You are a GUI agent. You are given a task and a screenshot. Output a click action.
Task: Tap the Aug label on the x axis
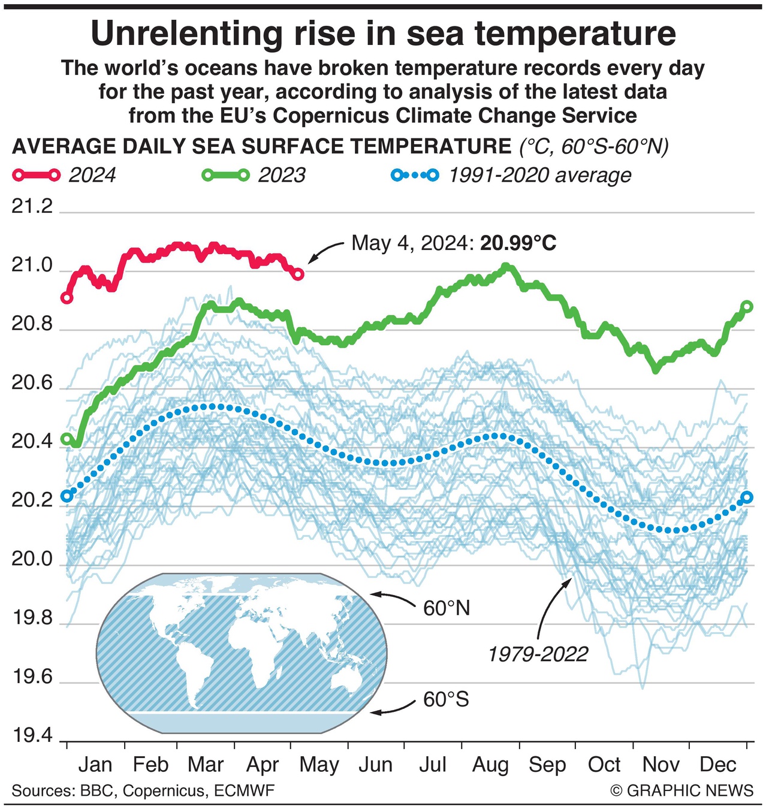tap(490, 765)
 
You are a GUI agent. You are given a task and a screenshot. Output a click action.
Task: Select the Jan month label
tap(95, 765)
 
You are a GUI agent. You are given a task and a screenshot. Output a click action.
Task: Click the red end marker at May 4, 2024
tap(298, 274)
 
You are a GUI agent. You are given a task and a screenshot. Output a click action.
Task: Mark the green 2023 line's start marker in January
tap(67, 439)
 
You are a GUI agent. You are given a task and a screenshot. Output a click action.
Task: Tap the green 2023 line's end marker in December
tap(747, 307)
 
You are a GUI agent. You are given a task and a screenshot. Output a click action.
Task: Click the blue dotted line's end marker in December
tap(747, 497)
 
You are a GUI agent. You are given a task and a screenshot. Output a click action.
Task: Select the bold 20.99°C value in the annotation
tap(518, 243)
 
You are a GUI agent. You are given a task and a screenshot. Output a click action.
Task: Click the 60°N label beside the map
tap(447, 608)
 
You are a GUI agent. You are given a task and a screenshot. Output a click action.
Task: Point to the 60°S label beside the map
tap(446, 699)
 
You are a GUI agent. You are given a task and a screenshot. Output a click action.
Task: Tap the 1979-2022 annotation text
tap(538, 654)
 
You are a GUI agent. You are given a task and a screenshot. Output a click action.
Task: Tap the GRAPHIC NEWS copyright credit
tap(682, 790)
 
